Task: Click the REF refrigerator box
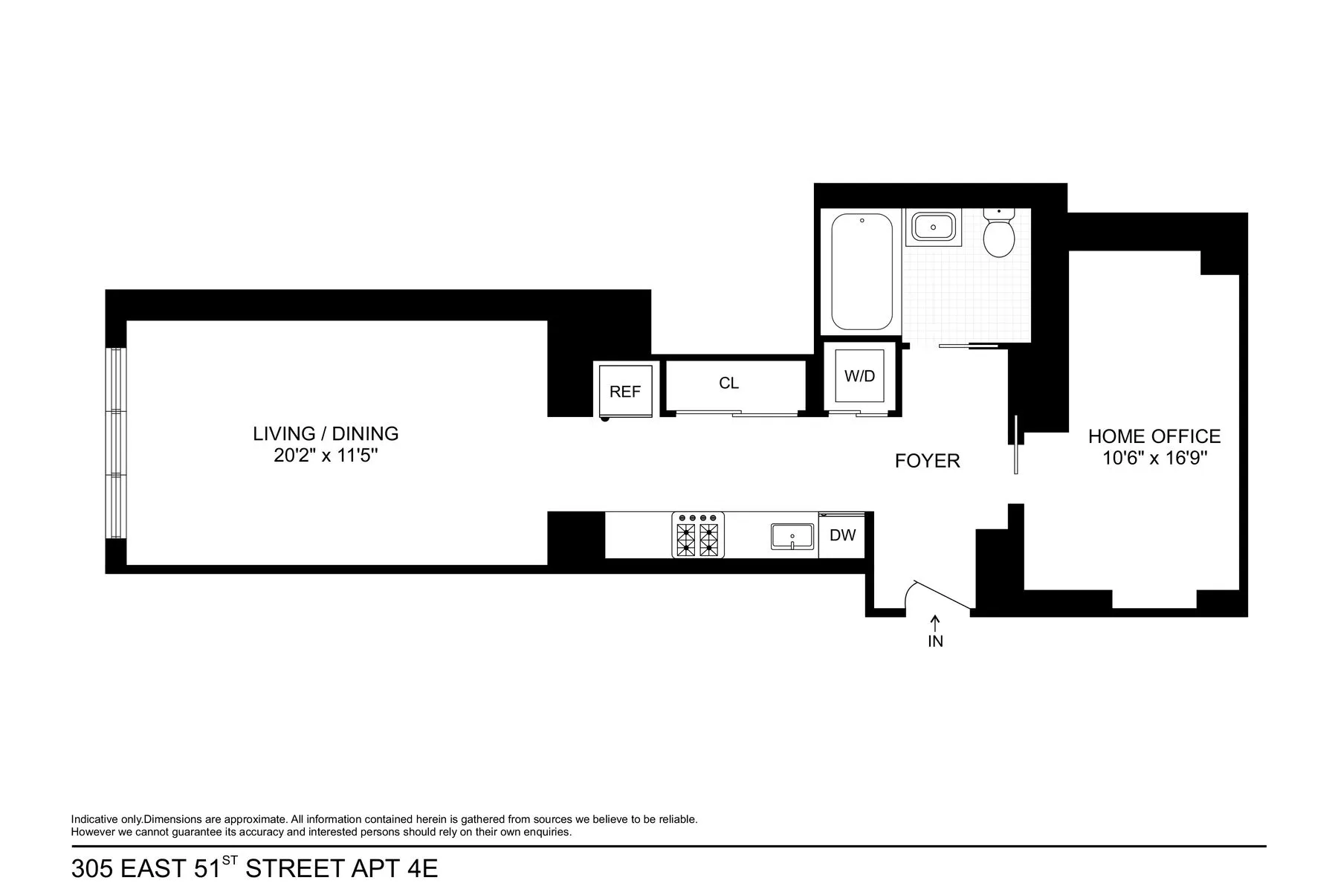tap(625, 391)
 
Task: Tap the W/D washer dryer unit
tap(859, 375)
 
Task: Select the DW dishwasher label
tap(842, 535)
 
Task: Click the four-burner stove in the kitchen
tap(698, 535)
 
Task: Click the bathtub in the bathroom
tap(862, 272)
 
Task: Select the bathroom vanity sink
tap(933, 227)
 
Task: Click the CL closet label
tap(728, 384)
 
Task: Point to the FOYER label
tap(927, 462)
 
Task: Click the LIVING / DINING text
tap(326, 433)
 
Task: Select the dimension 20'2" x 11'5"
tap(326, 456)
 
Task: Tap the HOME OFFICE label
tap(1154, 436)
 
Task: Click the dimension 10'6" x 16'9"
tap(1154, 459)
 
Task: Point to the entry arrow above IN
tap(935, 622)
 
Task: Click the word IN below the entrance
tap(935, 641)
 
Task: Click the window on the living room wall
tap(116, 442)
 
